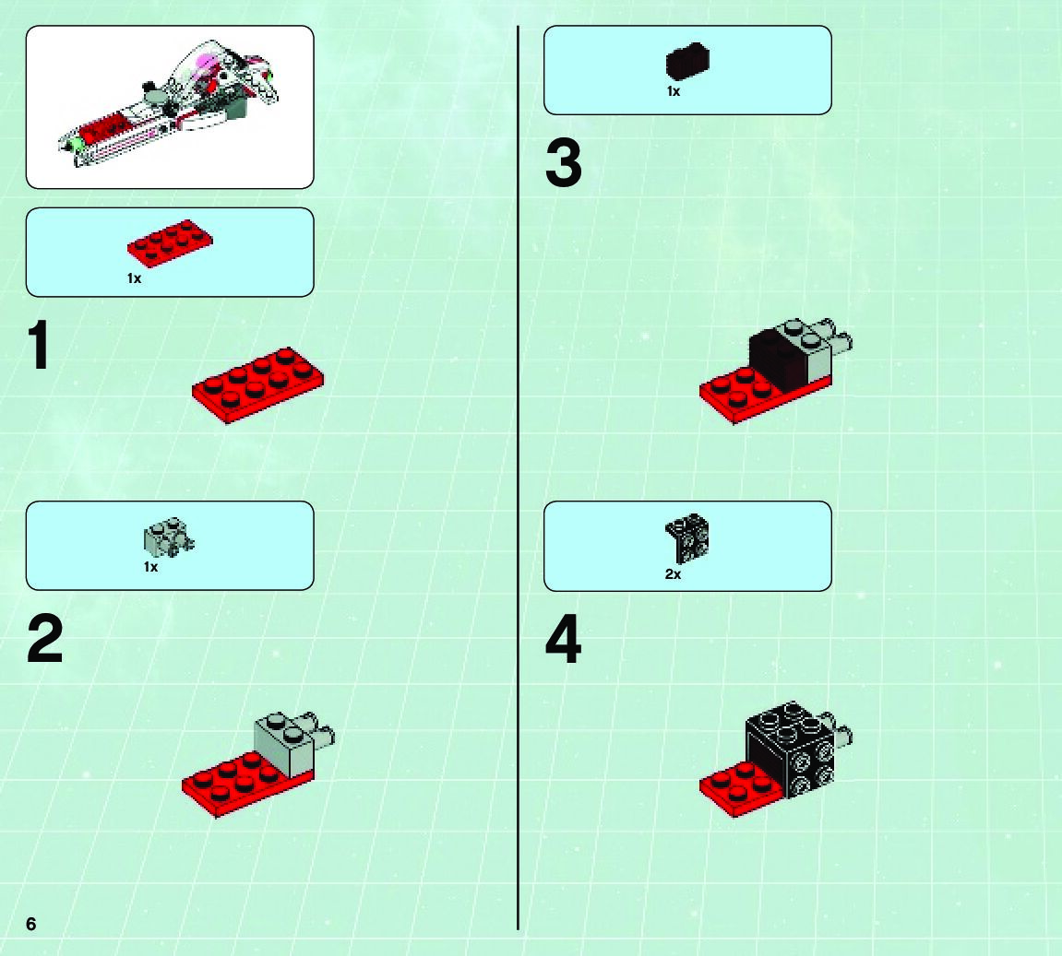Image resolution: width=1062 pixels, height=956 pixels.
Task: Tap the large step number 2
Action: (44, 639)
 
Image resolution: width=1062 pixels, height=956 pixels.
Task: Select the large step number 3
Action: (564, 162)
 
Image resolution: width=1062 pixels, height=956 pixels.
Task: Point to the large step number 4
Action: (564, 639)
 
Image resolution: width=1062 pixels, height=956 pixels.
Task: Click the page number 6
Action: (31, 924)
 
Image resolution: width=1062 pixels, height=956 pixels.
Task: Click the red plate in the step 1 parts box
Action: (170, 242)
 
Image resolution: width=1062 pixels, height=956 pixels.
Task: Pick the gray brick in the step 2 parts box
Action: (169, 537)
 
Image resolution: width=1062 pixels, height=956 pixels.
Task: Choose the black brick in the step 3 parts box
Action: (687, 61)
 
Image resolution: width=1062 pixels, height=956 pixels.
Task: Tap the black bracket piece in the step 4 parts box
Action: (686, 537)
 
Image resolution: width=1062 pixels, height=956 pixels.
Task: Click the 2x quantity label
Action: (673, 574)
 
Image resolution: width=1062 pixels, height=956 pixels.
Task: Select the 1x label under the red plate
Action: (134, 278)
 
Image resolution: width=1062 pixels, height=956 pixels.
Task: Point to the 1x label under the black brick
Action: (674, 91)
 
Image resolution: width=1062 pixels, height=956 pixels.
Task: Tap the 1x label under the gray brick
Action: (150, 567)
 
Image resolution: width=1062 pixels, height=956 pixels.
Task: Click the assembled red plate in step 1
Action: (257, 385)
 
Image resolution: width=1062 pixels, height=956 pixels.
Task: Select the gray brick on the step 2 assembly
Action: (284, 744)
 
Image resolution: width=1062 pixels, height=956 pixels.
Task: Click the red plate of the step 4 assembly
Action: (738, 790)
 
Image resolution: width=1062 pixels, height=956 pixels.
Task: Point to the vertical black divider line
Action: (519, 478)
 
